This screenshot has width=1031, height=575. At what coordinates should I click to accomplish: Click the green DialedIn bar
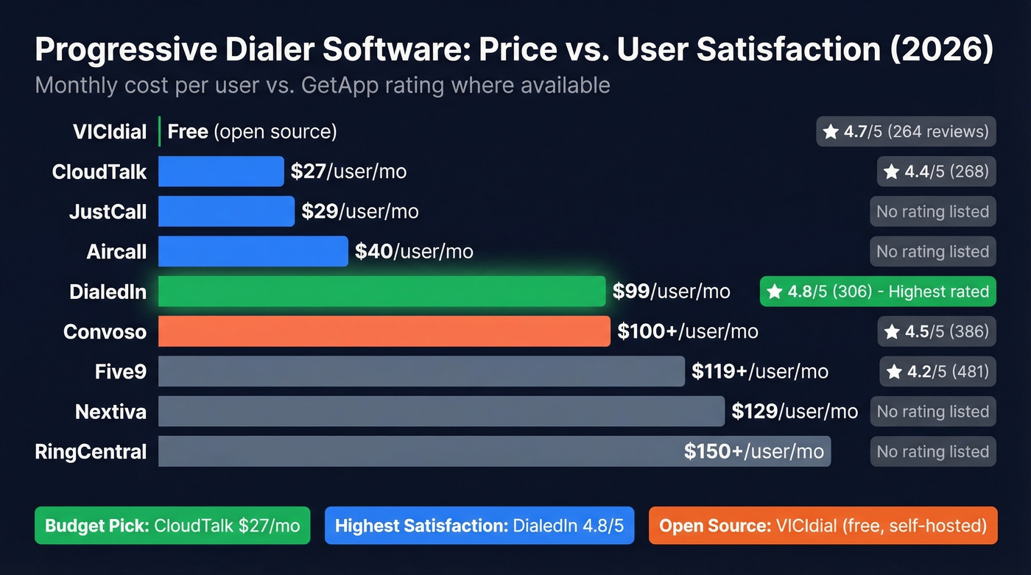381,292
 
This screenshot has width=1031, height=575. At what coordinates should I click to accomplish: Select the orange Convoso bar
384,331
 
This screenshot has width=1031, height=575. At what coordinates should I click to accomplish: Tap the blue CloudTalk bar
221,172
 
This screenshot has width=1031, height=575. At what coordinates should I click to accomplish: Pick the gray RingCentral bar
420,451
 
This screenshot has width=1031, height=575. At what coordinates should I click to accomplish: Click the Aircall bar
253,252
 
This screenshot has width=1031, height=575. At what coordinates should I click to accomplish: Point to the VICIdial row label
110,132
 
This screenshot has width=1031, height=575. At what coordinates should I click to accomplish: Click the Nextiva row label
110,412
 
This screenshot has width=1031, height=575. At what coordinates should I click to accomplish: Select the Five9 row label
121,372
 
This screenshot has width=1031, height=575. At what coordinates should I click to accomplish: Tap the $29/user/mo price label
359,212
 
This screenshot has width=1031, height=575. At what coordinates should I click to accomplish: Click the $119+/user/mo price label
759,372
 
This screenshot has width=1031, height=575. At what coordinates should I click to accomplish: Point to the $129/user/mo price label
794,412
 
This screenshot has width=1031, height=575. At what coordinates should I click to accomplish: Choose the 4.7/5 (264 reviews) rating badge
906,132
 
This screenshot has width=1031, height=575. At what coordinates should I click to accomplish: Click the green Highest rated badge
878,292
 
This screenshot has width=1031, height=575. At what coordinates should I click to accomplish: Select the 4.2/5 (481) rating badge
937,372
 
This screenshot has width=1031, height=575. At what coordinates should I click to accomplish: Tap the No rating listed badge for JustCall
932,212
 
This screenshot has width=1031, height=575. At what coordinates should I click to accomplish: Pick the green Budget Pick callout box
172,526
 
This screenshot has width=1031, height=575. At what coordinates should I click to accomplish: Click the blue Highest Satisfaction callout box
479,526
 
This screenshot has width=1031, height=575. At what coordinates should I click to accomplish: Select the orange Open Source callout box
823,526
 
